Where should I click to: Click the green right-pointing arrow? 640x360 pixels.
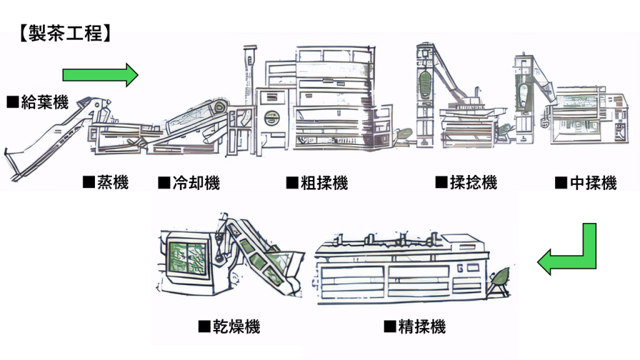click(x=100, y=75)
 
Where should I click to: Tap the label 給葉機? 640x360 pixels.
click(x=37, y=102)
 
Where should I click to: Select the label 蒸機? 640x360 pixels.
click(x=106, y=182)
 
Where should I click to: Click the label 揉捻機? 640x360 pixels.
click(x=466, y=182)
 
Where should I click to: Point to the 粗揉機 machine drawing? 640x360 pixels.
click(x=331, y=100)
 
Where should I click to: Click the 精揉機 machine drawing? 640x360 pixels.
click(x=400, y=269)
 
